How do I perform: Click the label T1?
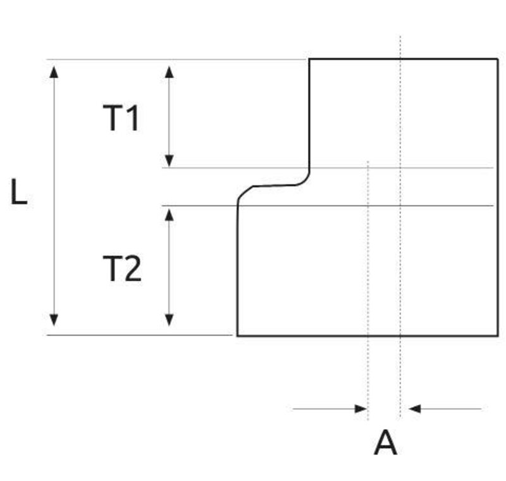tap(121, 118)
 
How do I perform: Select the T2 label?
tap(122, 269)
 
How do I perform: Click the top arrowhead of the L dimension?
tap(54, 68)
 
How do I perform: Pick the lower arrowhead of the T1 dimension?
tap(169, 160)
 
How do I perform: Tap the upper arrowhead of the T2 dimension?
tap(169, 214)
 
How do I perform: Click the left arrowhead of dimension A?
tap(362, 409)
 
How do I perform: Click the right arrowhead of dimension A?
tap(415, 409)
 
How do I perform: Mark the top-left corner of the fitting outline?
tap(309, 59)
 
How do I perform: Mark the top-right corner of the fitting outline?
tap(498, 59)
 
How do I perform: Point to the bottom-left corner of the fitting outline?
tap(238, 335)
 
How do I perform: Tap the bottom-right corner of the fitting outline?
tap(498, 335)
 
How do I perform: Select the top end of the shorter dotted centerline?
tap(367, 162)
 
